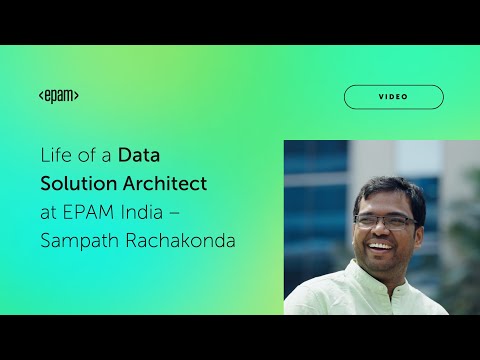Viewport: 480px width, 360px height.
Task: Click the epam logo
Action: coord(59,96)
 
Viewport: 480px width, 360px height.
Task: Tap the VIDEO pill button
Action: coord(393,97)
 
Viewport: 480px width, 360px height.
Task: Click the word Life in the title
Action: coord(56,156)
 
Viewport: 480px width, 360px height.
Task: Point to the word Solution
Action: coord(75,185)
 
